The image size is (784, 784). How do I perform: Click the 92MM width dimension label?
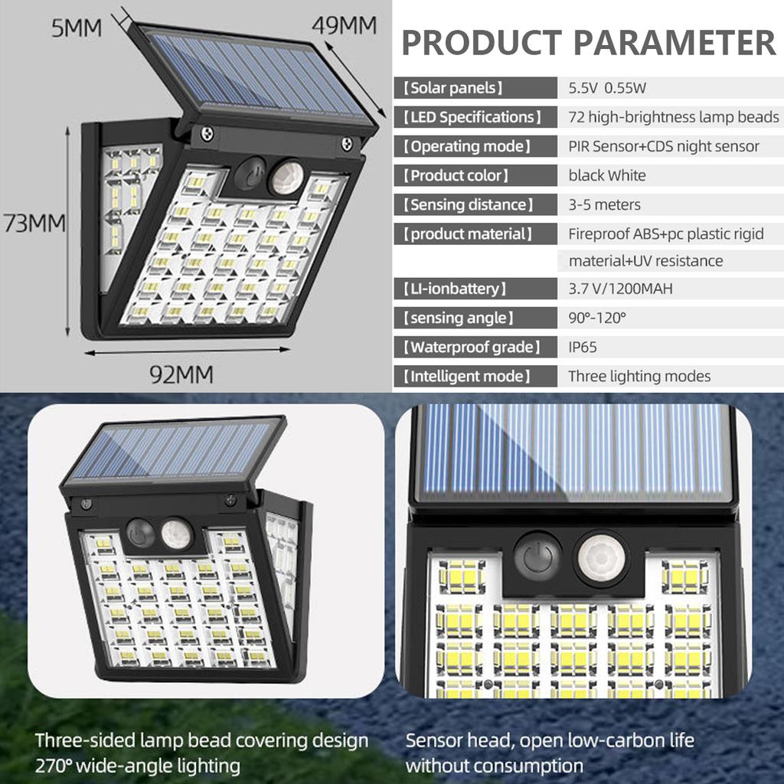pyautogui.click(x=181, y=375)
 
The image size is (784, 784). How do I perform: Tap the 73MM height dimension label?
pyautogui.click(x=34, y=224)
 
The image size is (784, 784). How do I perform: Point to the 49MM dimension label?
pyautogui.click(x=344, y=25)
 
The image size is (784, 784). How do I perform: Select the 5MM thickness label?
pyautogui.click(x=77, y=28)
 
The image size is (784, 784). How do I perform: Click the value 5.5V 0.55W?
pyautogui.click(x=607, y=88)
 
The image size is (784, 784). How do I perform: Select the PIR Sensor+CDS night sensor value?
pyautogui.click(x=664, y=146)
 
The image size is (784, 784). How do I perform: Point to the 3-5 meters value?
pyautogui.click(x=604, y=204)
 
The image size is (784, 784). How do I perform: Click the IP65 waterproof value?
pyautogui.click(x=583, y=348)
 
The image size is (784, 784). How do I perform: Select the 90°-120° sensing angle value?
pyautogui.click(x=597, y=318)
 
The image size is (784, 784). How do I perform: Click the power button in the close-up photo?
pyautogui.click(x=538, y=556)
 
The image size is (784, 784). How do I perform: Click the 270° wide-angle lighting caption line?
pyautogui.click(x=137, y=764)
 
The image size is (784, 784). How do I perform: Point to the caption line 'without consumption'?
pyautogui.click(x=494, y=764)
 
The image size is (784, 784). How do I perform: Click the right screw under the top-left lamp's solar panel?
pyautogui.click(x=347, y=143)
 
